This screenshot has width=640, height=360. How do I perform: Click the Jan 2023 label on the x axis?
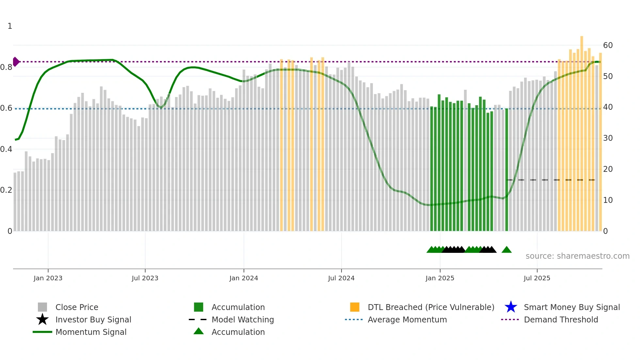(48, 278)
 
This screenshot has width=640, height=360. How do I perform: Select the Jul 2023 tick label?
(145, 278)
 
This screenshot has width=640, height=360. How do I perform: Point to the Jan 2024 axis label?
(244, 278)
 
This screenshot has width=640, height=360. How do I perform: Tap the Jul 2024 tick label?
(341, 278)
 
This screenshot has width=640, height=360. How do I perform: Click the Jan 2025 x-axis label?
(440, 278)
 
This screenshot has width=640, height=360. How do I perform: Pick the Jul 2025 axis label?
(537, 278)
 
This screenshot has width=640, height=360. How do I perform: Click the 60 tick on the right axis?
(608, 45)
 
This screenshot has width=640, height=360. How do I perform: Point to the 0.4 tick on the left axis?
(6, 149)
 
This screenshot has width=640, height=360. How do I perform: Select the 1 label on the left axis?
(10, 26)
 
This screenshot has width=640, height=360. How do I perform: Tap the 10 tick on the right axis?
(608, 200)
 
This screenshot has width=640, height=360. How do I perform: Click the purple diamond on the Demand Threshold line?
(16, 62)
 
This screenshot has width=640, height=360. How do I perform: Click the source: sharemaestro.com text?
(577, 256)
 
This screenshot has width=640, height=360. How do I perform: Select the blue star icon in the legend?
(511, 307)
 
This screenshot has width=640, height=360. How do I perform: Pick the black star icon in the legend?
(42, 319)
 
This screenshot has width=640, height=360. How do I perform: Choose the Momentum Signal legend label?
(91, 332)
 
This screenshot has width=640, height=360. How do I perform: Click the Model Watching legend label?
(243, 319)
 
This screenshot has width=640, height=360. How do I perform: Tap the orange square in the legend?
(355, 307)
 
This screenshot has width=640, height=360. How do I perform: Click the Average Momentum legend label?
(407, 319)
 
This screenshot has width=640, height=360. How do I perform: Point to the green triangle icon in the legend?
(199, 331)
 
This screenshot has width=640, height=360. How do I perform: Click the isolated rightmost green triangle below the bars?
(506, 250)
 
